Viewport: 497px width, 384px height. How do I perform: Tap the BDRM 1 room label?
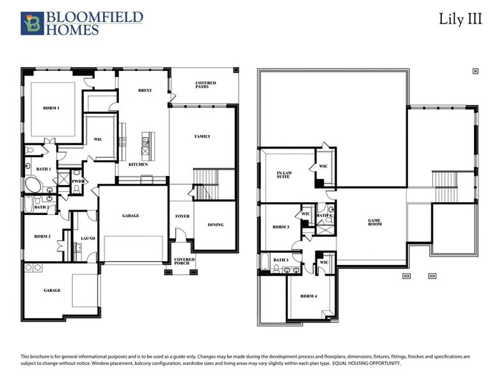[51, 108]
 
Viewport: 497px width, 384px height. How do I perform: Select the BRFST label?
[145, 91]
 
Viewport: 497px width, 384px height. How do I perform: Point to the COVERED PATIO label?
[206, 86]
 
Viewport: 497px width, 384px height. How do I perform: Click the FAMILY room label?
[202, 136]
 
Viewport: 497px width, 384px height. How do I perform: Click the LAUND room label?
[88, 239]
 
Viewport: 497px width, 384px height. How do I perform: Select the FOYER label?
[182, 216]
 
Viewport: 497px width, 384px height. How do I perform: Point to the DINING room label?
[216, 225]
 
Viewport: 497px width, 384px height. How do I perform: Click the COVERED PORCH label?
[185, 262]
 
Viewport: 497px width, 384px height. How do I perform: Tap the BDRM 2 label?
[43, 237]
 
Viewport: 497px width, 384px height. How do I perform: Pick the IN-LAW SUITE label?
[283, 174]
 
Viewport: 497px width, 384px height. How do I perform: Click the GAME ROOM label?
[374, 223]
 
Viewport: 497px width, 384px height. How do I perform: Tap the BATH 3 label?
[281, 260]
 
